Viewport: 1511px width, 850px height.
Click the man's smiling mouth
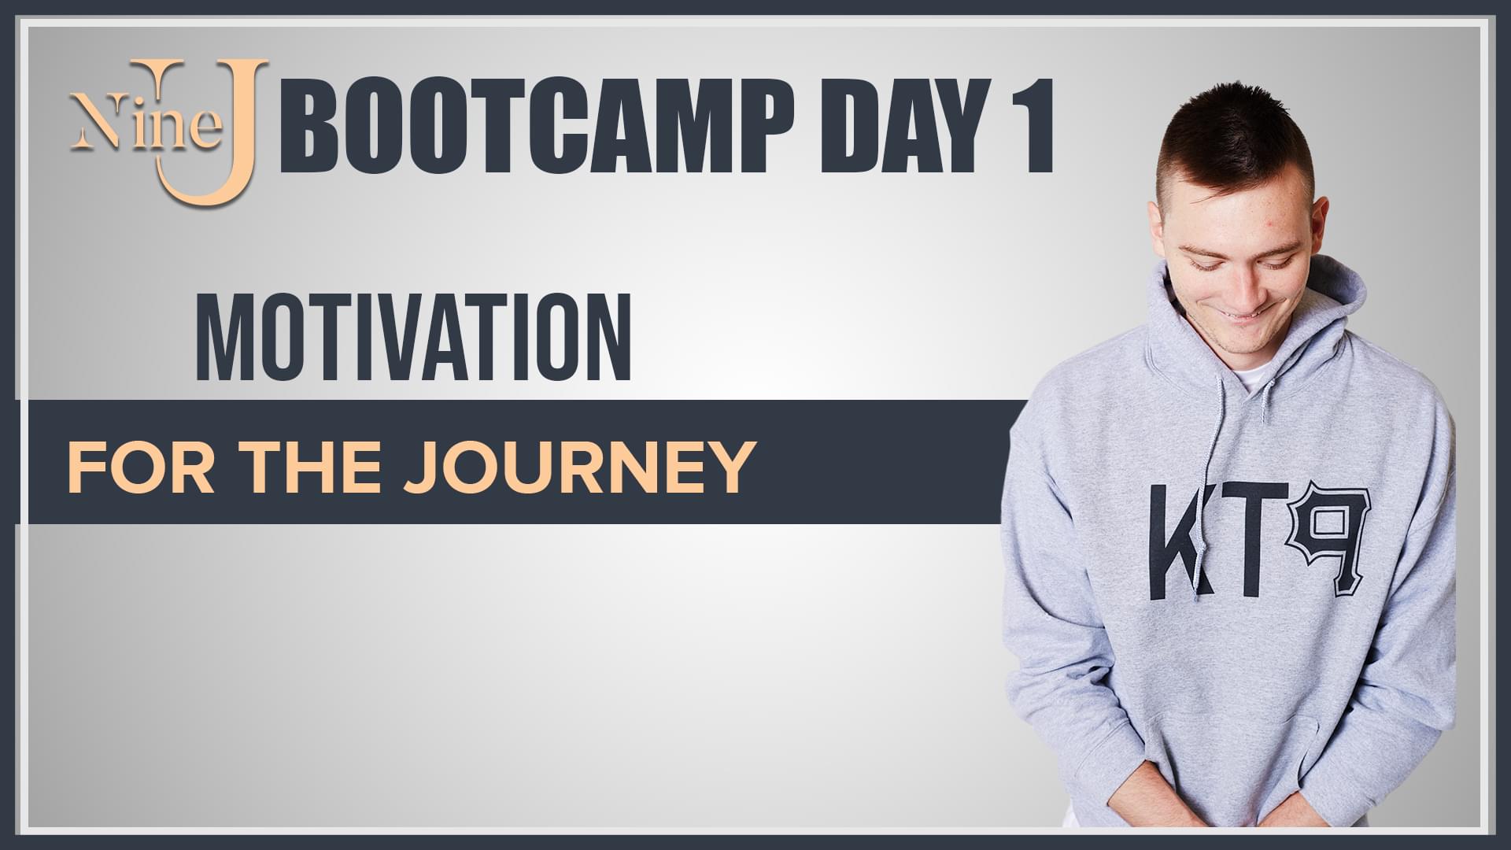pyautogui.click(x=1242, y=316)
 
